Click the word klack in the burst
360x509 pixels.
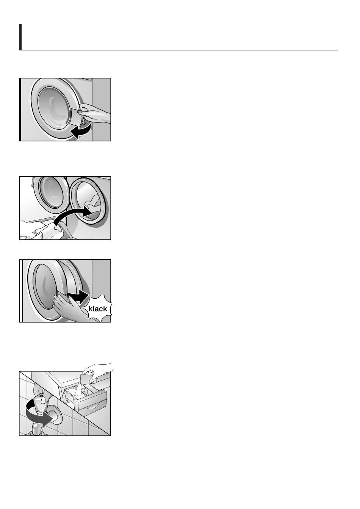98,309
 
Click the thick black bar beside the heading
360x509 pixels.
20,37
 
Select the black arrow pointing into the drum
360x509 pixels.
73,214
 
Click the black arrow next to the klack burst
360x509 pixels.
78,297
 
